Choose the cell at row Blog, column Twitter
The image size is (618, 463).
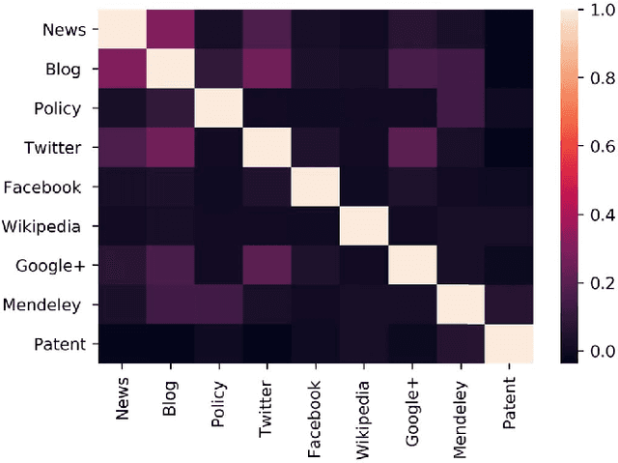[268, 69]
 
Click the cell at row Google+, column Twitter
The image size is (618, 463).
[268, 266]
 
